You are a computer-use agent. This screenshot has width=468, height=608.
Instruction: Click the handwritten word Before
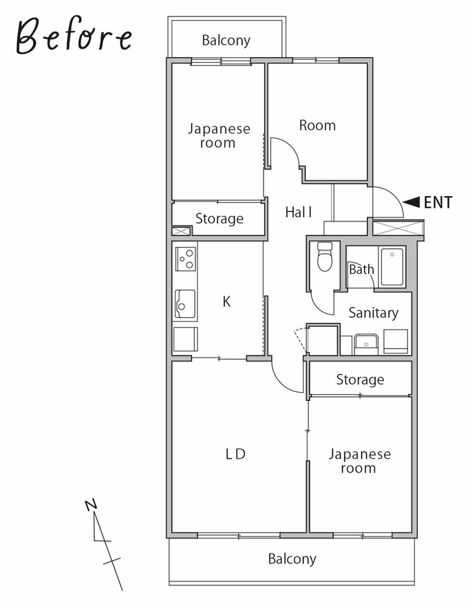74,36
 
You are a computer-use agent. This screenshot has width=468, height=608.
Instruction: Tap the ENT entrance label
438,202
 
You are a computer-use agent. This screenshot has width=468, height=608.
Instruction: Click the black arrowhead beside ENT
412,202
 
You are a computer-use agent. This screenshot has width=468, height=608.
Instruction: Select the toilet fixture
325,257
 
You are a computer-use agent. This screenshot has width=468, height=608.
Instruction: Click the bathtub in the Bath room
392,267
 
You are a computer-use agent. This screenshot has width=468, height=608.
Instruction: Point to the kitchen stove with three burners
186,259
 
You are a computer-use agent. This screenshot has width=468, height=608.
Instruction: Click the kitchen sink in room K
184,304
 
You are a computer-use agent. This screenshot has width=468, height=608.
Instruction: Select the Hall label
299,212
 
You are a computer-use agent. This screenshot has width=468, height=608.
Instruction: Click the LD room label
235,454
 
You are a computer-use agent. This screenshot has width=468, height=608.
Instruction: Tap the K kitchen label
226,301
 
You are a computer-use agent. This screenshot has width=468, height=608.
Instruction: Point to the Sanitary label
373,313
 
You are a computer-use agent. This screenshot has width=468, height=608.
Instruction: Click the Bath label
362,269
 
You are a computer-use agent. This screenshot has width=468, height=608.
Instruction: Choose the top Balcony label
226,41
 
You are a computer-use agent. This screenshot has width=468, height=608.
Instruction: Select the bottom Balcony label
292,558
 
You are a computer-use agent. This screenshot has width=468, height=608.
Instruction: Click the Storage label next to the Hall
220,219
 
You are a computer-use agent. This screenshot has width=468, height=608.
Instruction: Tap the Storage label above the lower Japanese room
360,380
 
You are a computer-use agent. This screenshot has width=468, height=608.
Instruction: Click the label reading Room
317,125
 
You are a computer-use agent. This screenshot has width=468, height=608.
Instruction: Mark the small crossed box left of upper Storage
182,231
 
